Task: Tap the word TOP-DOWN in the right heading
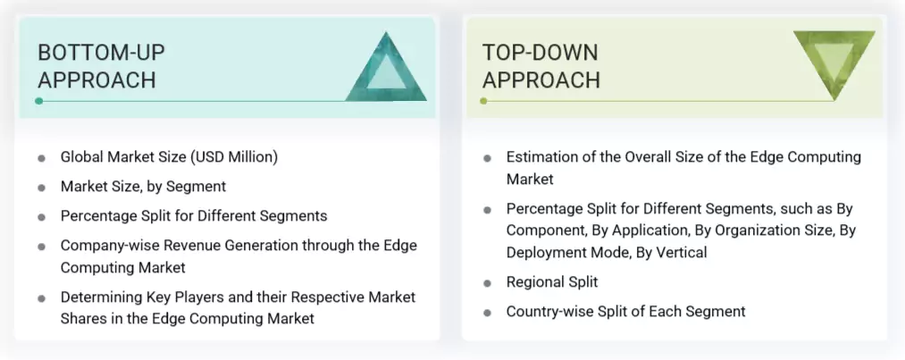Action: pyautogui.click(x=539, y=52)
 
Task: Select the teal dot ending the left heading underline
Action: pyautogui.click(x=38, y=101)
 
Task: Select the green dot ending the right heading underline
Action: pyautogui.click(x=483, y=101)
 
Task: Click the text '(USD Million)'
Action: pyautogui.click(x=235, y=157)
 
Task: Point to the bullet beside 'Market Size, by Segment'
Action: pyautogui.click(x=42, y=188)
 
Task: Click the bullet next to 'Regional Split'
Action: pyautogui.click(x=488, y=283)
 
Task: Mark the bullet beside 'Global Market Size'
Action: pyautogui.click(x=42, y=158)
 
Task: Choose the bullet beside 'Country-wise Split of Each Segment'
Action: pyautogui.click(x=488, y=313)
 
